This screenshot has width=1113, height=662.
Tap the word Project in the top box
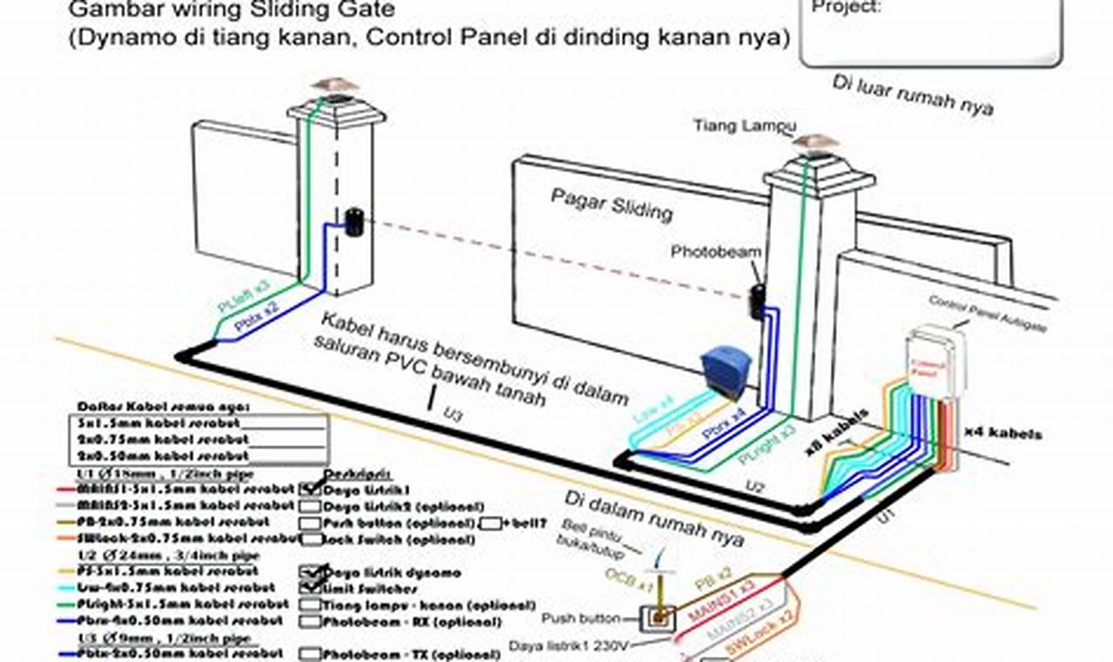(x=846, y=7)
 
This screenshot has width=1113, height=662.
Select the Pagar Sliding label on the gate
(x=611, y=205)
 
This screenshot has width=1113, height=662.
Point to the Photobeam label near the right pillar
(x=716, y=252)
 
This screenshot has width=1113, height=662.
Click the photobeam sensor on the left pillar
(x=353, y=222)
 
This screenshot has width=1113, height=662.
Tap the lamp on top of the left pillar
(x=336, y=85)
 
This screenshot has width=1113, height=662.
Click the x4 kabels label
(x=1002, y=433)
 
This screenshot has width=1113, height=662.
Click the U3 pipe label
(x=453, y=415)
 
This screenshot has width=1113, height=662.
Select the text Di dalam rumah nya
(x=653, y=520)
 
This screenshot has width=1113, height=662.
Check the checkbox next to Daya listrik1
(x=310, y=490)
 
